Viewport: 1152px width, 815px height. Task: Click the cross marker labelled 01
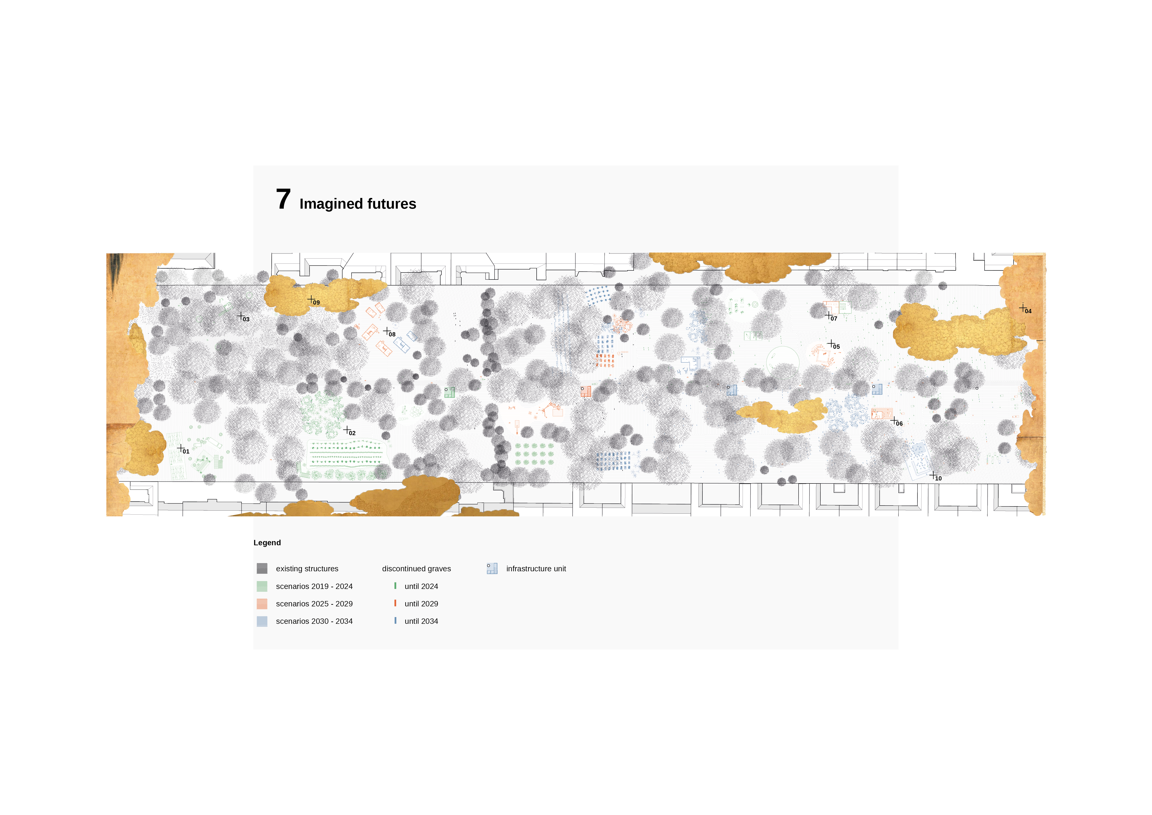point(181,448)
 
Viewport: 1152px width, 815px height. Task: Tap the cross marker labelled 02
point(347,430)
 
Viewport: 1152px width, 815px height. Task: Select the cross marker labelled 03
point(241,316)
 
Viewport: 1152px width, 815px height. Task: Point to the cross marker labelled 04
point(1023,308)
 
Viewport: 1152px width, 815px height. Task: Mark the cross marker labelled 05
point(831,343)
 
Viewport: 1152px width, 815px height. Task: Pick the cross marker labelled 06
point(894,420)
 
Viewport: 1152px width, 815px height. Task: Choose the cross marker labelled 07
point(828,315)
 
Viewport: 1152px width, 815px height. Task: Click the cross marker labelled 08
point(387,331)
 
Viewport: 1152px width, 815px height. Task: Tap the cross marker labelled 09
point(311,299)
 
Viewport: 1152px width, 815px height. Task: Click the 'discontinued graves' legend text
point(416,569)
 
